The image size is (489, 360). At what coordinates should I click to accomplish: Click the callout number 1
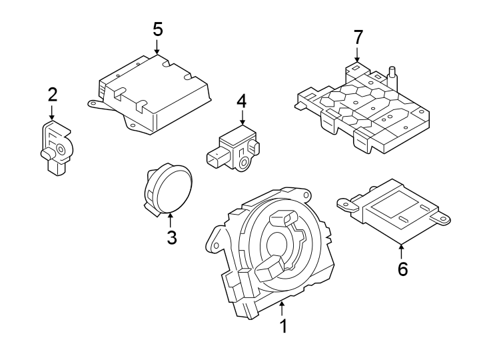click(x=283, y=327)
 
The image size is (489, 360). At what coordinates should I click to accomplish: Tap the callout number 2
click(x=53, y=95)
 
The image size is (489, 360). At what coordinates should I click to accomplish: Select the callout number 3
click(x=171, y=237)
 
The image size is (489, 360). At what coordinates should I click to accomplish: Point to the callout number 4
click(x=241, y=101)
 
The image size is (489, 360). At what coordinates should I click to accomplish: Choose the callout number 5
click(x=157, y=29)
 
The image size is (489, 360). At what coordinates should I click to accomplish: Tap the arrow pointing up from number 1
click(x=283, y=309)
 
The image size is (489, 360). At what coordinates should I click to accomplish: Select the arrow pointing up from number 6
click(x=402, y=251)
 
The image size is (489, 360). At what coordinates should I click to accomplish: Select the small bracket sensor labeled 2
click(x=55, y=149)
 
